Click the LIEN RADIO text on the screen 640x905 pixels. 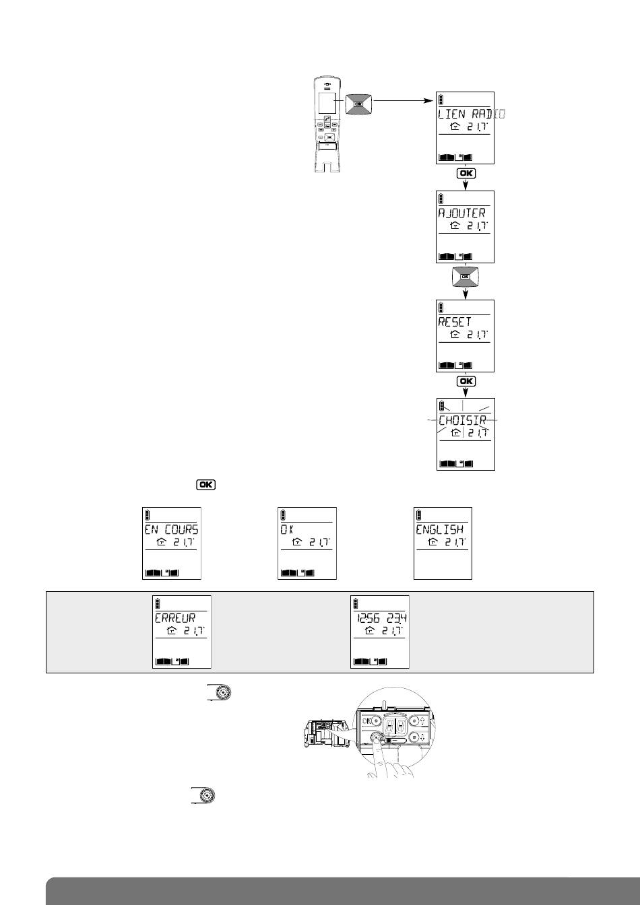coord(471,114)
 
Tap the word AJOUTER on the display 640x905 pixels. coord(461,213)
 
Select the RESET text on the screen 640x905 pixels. coord(455,321)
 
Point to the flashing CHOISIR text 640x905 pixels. coord(462,421)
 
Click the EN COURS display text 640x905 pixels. coord(172,530)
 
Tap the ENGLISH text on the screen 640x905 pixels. coord(440,530)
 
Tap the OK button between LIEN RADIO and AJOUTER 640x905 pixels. coord(466,173)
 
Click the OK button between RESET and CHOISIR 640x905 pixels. coord(466,382)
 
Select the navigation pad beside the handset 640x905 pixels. coord(358,104)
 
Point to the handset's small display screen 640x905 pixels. coord(327,103)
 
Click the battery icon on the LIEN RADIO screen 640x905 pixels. coord(441,99)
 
